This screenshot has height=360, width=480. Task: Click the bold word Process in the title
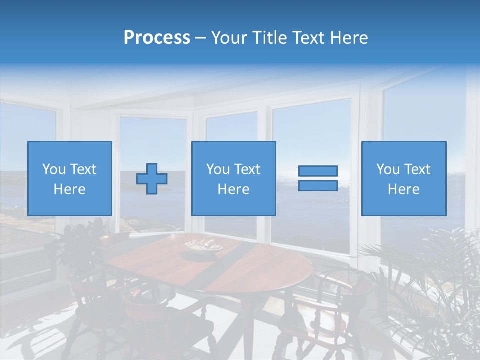(157, 37)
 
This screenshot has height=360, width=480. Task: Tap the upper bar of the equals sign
(318, 171)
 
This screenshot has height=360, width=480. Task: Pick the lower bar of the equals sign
(318, 185)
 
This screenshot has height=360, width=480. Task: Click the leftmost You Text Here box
(70, 178)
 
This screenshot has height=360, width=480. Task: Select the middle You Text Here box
(233, 178)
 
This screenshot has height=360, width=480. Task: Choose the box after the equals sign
(403, 178)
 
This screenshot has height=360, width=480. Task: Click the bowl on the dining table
(203, 245)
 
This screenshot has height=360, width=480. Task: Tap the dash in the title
(200, 37)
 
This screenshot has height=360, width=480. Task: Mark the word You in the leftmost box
(53, 169)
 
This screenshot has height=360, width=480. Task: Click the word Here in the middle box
(233, 189)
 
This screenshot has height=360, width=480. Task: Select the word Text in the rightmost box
(417, 169)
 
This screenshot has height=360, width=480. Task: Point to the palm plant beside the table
(425, 290)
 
